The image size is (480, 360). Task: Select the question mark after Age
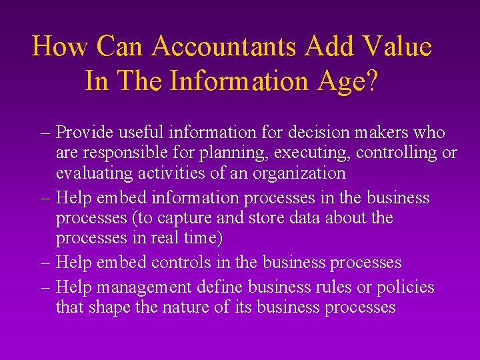click(x=372, y=81)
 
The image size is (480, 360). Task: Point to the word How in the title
click(x=61, y=47)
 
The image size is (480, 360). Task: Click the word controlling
click(x=396, y=153)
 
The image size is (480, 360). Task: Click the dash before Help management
click(x=45, y=288)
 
